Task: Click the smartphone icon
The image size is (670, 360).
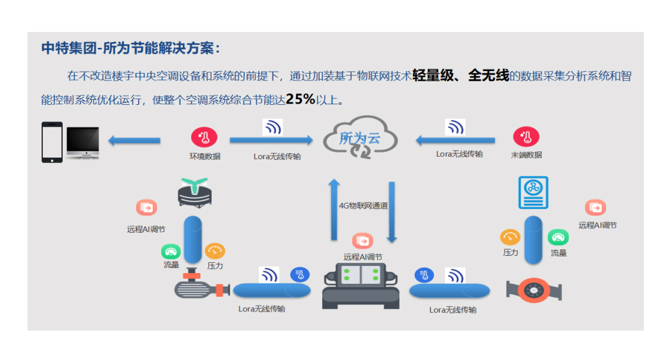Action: [x=52, y=142]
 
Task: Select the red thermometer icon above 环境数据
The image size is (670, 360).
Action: [x=204, y=137]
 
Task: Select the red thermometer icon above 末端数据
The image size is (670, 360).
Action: [x=526, y=137]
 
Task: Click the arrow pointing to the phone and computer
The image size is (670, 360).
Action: [x=134, y=140]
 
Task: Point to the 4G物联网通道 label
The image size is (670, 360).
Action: [x=363, y=206]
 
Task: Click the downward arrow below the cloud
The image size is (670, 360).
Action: [x=391, y=212]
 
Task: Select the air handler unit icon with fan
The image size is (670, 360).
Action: [x=533, y=192]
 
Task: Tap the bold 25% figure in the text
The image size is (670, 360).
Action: [x=300, y=99]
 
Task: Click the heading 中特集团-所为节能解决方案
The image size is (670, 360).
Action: [x=130, y=49]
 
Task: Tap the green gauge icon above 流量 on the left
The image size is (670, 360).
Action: [x=171, y=251]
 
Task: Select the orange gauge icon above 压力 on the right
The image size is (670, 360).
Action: [x=510, y=238]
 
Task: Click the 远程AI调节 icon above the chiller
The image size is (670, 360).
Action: [x=362, y=241]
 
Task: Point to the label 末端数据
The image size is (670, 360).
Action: [x=526, y=155]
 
